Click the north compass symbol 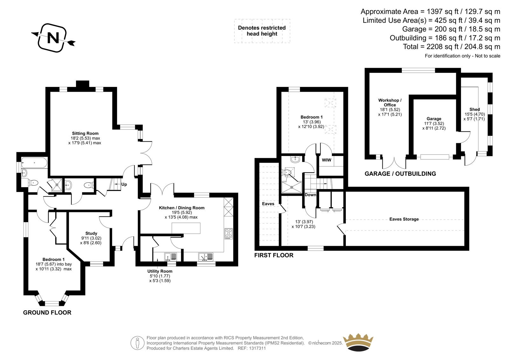click(x=53, y=38)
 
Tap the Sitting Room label click(x=85, y=133)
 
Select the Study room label click(x=91, y=233)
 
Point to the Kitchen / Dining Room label click(x=182, y=208)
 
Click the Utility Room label click(x=160, y=271)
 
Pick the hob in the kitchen click(x=228, y=234)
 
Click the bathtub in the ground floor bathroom click(x=34, y=163)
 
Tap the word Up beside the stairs click(x=124, y=184)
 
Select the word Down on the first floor click(x=310, y=195)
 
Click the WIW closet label click(x=326, y=160)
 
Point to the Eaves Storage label click(x=404, y=219)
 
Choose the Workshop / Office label click(x=390, y=102)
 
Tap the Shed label click(x=475, y=109)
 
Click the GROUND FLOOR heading click(x=47, y=313)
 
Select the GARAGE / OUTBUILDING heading click(x=400, y=174)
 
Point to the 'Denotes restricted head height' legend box click(x=262, y=31)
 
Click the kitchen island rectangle click(x=186, y=228)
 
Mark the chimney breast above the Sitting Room click(x=83, y=84)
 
